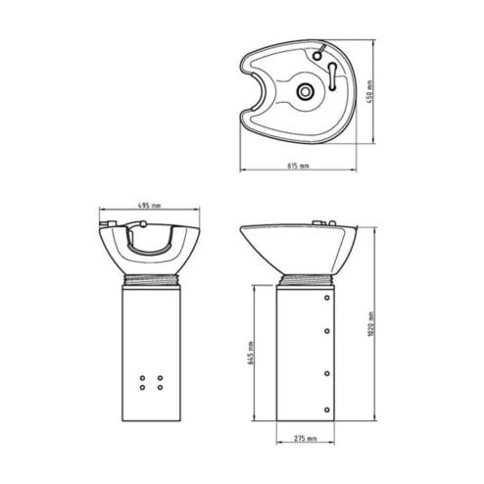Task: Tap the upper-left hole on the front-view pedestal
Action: point(146,376)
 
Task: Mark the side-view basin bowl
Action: point(304,250)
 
